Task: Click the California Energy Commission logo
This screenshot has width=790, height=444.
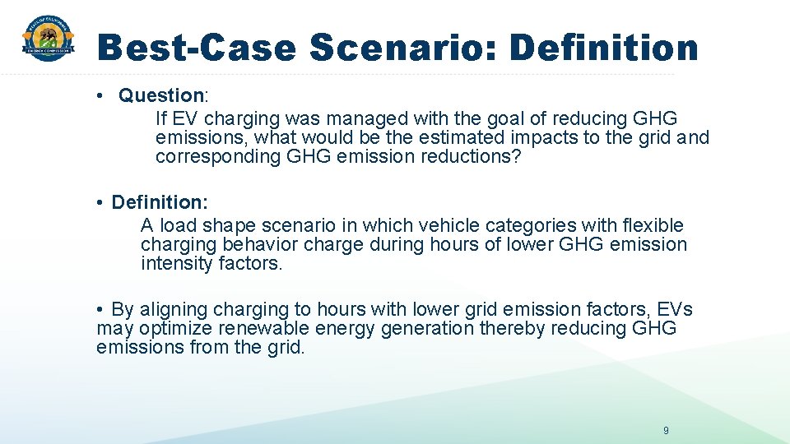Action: pos(48,39)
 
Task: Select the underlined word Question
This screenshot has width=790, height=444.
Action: pos(161,96)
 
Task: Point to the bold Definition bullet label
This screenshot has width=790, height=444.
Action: pos(160,202)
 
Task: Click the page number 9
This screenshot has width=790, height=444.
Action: pos(666,431)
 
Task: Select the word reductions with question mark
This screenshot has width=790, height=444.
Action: pos(472,157)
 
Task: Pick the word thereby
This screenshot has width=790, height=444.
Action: pos(513,329)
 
